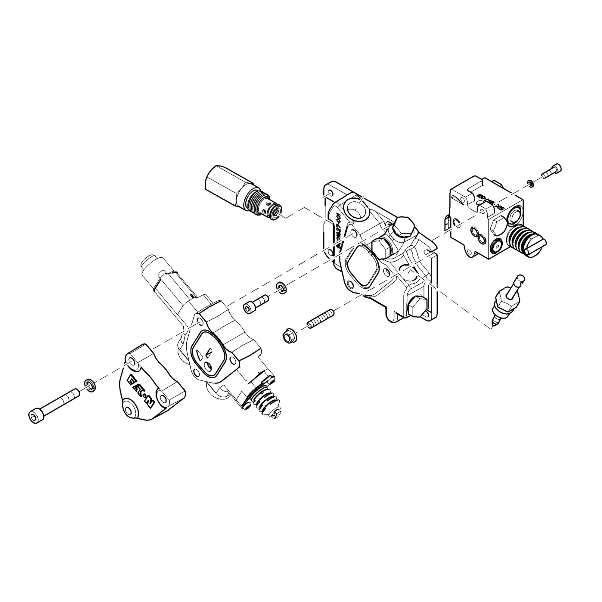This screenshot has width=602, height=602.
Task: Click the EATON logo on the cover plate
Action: [x=141, y=391]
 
